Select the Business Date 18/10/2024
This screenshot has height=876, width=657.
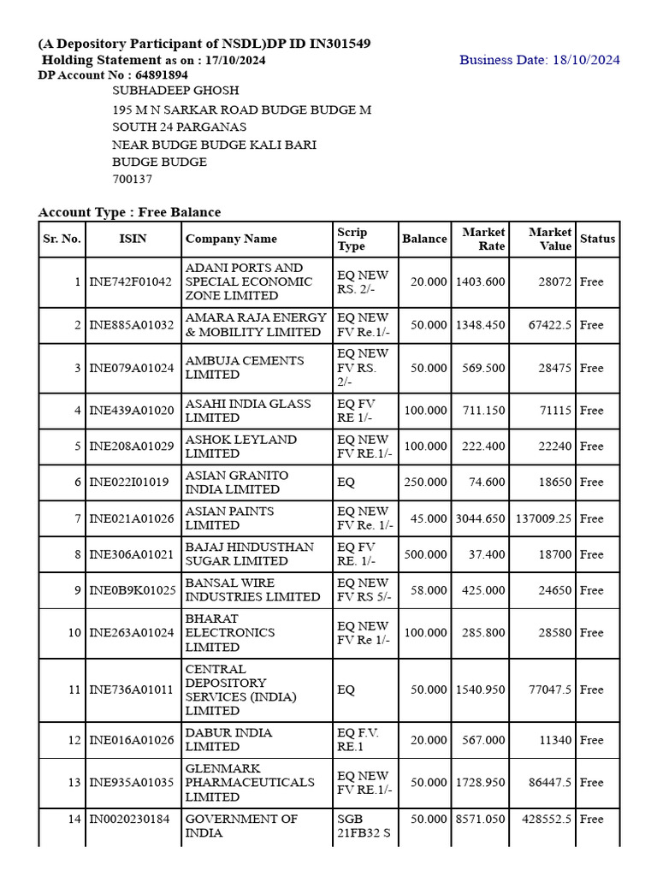pyautogui.click(x=539, y=60)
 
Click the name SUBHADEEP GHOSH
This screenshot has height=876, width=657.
pyautogui.click(x=176, y=91)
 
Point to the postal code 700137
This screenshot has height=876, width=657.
pyautogui.click(x=133, y=180)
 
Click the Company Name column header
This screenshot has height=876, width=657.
pyautogui.click(x=231, y=239)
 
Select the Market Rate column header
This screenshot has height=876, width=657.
pyautogui.click(x=483, y=239)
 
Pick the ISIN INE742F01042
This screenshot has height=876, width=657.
pyautogui.click(x=130, y=281)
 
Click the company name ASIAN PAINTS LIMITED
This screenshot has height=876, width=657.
pyautogui.click(x=229, y=518)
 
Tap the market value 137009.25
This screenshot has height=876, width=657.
pyautogui.click(x=543, y=518)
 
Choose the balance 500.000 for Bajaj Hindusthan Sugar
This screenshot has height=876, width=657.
pyautogui.click(x=425, y=554)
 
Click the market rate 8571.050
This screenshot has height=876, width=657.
pyautogui.click(x=480, y=819)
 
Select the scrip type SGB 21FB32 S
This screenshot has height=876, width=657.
pyautogui.click(x=364, y=826)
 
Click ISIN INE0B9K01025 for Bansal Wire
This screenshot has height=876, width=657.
pyautogui.click(x=132, y=590)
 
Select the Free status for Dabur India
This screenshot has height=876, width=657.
pyautogui.click(x=591, y=740)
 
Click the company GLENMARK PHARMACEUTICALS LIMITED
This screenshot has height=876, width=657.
pyautogui.click(x=250, y=782)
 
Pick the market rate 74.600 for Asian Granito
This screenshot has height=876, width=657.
pyautogui.click(x=487, y=482)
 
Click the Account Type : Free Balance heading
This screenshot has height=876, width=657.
pyautogui.click(x=129, y=212)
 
